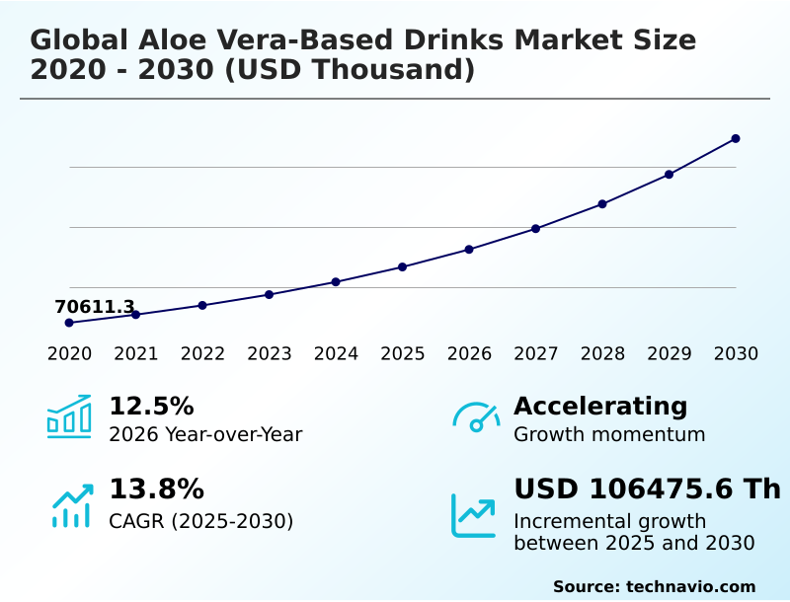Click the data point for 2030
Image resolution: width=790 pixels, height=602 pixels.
coord(736,139)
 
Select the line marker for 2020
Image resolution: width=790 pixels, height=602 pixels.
coord(69,323)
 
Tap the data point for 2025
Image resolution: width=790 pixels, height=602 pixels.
coord(402,266)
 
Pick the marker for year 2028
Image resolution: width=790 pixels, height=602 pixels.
coord(602,204)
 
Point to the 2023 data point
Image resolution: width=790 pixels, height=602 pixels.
coord(269,294)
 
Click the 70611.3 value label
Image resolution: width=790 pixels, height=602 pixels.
coord(95,307)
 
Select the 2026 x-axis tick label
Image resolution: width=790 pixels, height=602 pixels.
coord(469,354)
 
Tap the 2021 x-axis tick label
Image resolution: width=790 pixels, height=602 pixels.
coord(136,354)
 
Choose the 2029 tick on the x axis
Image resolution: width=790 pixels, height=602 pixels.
coord(670,354)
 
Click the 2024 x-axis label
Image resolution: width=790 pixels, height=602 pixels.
coord(336,354)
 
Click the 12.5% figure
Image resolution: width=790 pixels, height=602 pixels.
coord(151,407)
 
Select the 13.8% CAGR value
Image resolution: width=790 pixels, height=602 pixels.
coord(156,489)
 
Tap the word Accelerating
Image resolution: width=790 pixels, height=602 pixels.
coord(600,407)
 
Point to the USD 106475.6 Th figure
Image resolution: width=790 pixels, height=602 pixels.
coord(647,489)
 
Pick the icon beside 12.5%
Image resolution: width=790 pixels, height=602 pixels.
coord(69,416)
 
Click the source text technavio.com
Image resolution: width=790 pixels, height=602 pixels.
coord(690,586)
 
